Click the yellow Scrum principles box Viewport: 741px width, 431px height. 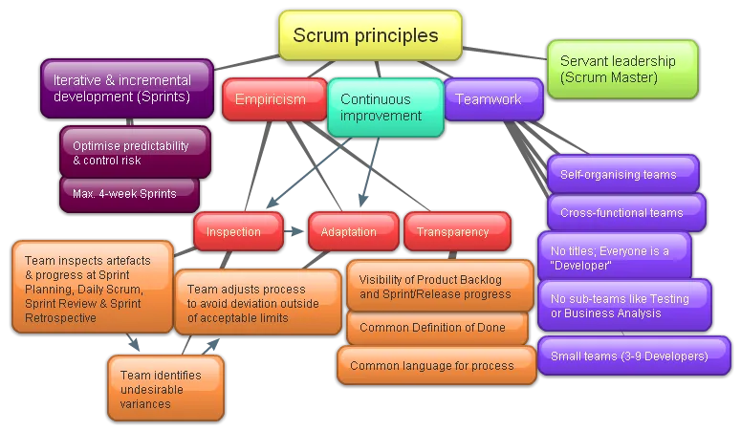(370, 35)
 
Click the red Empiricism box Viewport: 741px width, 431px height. (273, 99)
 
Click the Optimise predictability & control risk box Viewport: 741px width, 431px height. (134, 153)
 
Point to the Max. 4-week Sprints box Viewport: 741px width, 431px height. (129, 194)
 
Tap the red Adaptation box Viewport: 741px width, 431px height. (350, 232)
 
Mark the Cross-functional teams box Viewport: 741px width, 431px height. (626, 212)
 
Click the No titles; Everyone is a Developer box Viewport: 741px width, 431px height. (613, 257)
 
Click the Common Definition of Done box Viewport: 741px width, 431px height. (437, 328)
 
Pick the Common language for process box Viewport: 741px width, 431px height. (436, 366)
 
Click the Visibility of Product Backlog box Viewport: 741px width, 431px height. (439, 286)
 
